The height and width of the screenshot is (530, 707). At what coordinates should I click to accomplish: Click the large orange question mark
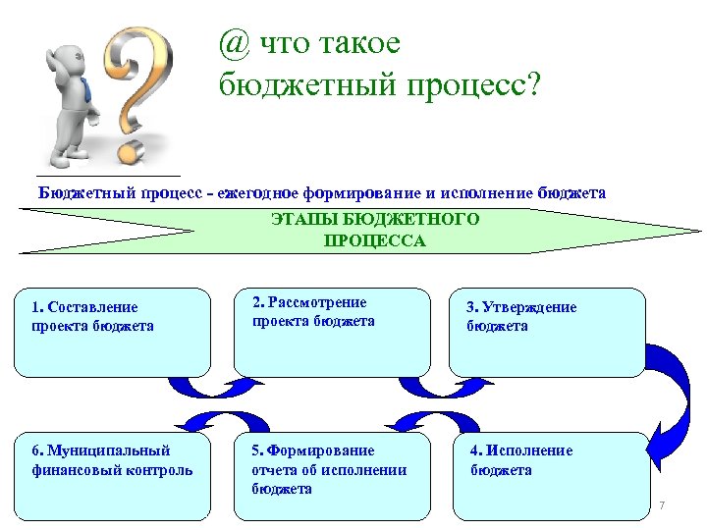tap(137, 88)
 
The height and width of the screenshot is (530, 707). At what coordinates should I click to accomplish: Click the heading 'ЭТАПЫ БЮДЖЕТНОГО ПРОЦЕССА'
tap(375, 230)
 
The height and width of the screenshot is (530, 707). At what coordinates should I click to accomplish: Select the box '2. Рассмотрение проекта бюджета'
tap(332, 332)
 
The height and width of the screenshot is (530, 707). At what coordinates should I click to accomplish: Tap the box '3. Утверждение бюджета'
tap(548, 332)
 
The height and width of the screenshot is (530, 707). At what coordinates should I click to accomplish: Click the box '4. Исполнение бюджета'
tap(550, 475)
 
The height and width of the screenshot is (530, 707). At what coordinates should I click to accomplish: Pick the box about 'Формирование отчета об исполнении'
tap(332, 475)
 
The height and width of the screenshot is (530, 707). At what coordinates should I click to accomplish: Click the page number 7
tap(662, 505)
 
